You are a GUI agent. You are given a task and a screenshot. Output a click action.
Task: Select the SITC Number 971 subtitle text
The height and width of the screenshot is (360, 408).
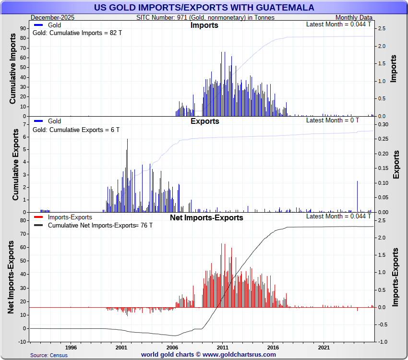205,17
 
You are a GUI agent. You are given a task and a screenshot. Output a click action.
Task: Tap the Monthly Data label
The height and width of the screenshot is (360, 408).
354,17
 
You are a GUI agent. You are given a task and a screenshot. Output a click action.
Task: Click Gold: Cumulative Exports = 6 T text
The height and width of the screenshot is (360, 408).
76,130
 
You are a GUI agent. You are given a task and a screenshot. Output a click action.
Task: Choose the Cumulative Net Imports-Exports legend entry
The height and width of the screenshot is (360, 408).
91,225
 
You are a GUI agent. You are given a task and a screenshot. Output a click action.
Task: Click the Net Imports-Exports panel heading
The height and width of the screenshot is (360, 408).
206,217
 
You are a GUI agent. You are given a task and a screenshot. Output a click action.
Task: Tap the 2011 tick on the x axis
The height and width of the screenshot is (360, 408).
222,347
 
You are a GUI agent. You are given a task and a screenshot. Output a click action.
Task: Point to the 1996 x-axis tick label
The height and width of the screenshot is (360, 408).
71,347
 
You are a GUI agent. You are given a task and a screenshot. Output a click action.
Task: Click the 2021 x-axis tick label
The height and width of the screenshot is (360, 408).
324,347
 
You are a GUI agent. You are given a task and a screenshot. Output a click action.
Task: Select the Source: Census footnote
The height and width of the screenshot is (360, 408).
48,355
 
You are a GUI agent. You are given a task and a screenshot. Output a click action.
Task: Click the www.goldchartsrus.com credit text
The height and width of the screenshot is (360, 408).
208,355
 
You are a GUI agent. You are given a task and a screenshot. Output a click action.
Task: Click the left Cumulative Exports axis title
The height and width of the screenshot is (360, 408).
15,166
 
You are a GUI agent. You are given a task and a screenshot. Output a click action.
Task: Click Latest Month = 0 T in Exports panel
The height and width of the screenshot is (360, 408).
333,120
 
